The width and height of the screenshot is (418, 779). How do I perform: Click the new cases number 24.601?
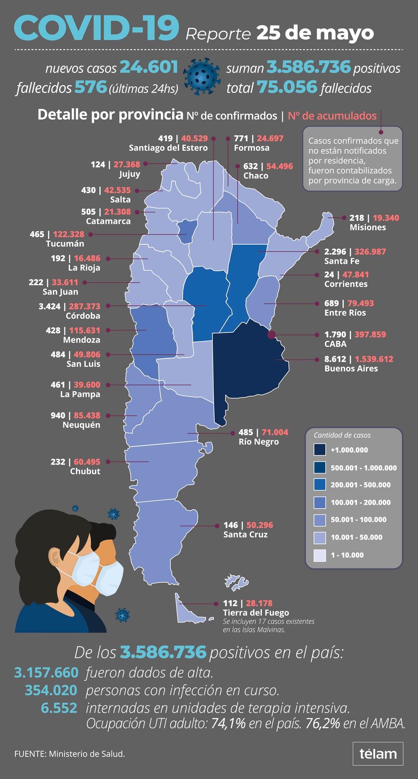149,67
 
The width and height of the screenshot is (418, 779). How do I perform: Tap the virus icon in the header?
202,77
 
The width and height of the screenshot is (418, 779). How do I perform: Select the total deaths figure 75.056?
287,87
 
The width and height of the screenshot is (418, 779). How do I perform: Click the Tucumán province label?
65,244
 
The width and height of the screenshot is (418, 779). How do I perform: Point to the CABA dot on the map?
271,334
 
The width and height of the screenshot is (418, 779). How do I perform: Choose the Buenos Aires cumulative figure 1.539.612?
374,359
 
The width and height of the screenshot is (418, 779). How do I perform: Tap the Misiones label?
368,228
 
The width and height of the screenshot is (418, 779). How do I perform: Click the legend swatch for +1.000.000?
320,450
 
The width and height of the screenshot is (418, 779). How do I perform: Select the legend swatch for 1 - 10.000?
320,555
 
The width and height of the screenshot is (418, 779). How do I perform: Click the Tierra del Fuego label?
256,613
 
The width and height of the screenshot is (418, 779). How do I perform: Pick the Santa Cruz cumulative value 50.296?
260,525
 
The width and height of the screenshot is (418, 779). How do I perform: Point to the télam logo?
378,754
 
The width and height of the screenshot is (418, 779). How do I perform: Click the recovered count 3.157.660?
46,672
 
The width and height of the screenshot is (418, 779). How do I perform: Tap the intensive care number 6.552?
59,708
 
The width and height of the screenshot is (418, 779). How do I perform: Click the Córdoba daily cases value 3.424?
50,306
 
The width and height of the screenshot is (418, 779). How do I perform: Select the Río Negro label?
259,442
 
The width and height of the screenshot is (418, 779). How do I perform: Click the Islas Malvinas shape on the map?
236,582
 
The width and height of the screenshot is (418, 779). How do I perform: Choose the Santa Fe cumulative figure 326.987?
370,252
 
